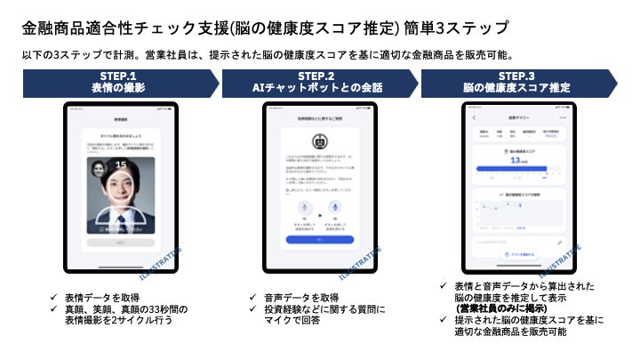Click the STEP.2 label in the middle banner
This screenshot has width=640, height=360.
coord(316,76)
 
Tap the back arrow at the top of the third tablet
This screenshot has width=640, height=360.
coord(475,118)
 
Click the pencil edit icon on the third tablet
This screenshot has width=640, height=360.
coord(560,241)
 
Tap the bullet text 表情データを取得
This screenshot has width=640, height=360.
coord(104,297)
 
